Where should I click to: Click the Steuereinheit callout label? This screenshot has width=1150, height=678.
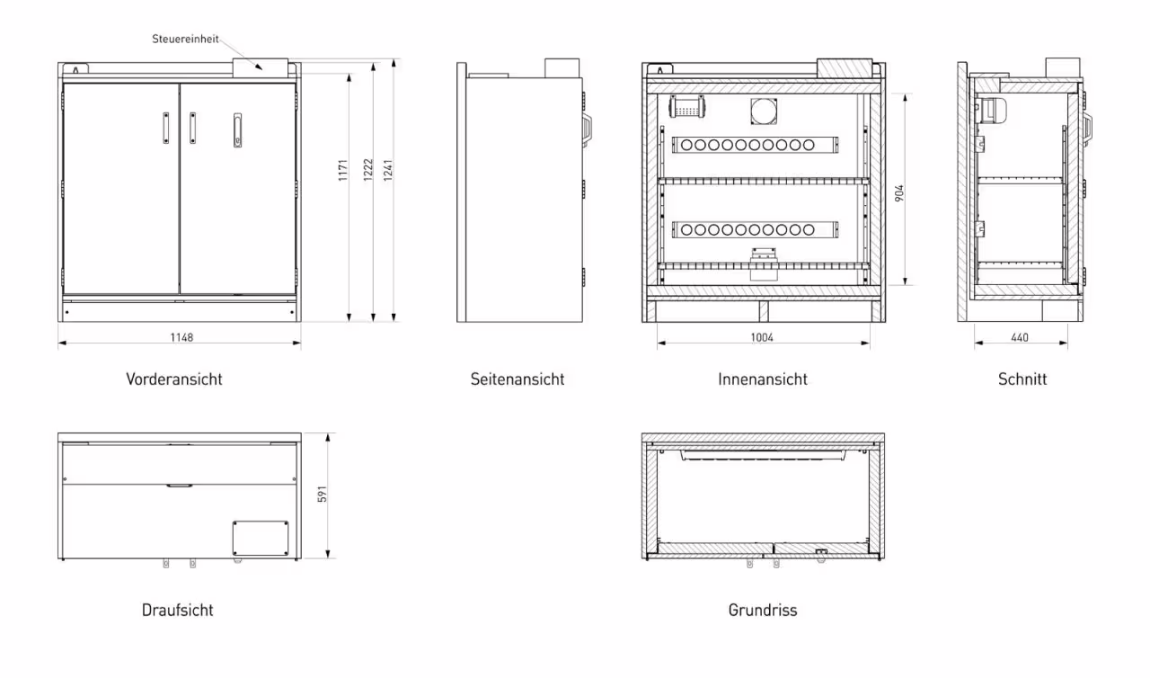point(184,39)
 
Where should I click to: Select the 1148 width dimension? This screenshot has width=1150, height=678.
point(182,337)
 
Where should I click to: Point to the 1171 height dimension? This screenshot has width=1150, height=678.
point(343,170)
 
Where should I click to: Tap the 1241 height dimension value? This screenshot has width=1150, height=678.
point(389,170)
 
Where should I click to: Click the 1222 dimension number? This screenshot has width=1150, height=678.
point(367,170)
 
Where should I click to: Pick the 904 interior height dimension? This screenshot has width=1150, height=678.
point(899,192)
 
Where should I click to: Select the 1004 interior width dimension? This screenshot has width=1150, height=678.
point(761,337)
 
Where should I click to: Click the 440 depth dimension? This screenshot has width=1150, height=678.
point(1020,337)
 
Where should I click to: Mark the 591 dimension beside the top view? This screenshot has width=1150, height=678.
point(323,494)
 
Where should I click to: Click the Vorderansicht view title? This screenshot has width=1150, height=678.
point(174,379)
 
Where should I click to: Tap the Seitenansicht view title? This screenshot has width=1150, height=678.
point(517,379)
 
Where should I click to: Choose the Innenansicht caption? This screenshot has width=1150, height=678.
point(763,379)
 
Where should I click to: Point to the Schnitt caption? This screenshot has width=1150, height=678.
point(1022,379)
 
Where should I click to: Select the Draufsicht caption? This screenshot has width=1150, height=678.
point(178,610)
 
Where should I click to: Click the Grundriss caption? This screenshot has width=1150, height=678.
point(763,610)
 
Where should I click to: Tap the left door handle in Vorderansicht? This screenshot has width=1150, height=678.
point(165,128)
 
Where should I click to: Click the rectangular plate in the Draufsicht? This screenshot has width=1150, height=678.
point(261,538)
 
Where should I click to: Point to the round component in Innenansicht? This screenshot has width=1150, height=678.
point(765,109)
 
